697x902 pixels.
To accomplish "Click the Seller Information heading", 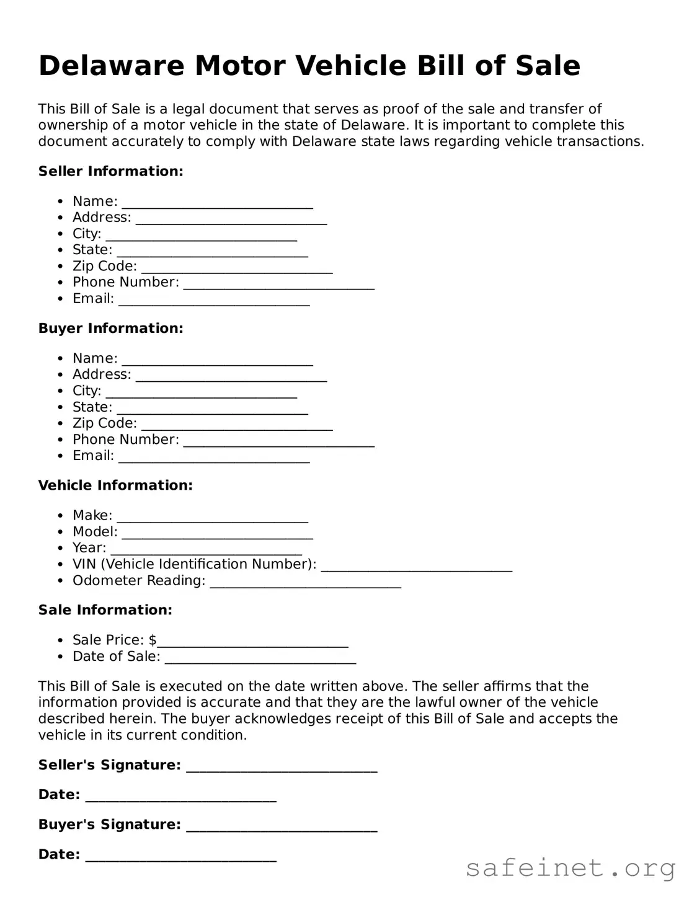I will (x=110, y=171).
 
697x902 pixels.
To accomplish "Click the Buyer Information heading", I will (x=110, y=328).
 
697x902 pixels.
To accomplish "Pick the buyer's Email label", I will (x=93, y=456).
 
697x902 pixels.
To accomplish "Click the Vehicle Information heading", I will (x=115, y=485).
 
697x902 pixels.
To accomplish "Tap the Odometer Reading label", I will (x=139, y=580).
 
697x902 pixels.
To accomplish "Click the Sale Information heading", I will (x=105, y=610).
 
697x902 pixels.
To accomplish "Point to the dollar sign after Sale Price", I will (x=153, y=640).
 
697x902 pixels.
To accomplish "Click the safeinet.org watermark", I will (x=570, y=869).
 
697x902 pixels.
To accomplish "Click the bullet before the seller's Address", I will (x=60, y=218).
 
